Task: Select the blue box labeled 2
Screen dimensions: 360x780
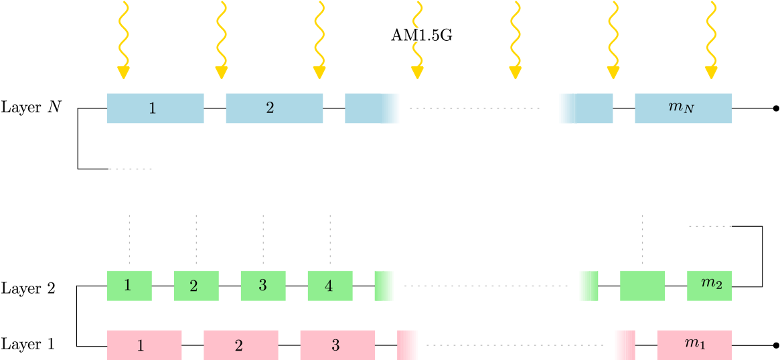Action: [274, 108]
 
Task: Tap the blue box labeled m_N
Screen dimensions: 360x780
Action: [683, 108]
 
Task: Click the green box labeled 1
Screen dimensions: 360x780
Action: [129, 286]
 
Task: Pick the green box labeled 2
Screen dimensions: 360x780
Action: [196, 286]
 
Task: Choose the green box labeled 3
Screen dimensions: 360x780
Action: [263, 286]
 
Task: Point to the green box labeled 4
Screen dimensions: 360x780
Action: [330, 286]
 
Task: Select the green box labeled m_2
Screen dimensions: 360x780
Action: [709, 286]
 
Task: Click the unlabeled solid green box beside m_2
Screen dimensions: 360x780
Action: [642, 286]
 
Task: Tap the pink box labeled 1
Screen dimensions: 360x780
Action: [144, 345]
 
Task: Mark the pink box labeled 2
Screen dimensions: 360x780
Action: [241, 345]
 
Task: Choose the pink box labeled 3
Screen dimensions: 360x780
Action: [337, 345]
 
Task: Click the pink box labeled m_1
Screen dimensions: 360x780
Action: [694, 345]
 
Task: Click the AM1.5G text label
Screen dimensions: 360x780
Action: [420, 36]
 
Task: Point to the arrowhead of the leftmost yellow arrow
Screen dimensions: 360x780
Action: [123, 73]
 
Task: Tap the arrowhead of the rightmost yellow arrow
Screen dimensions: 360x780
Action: [711, 73]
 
